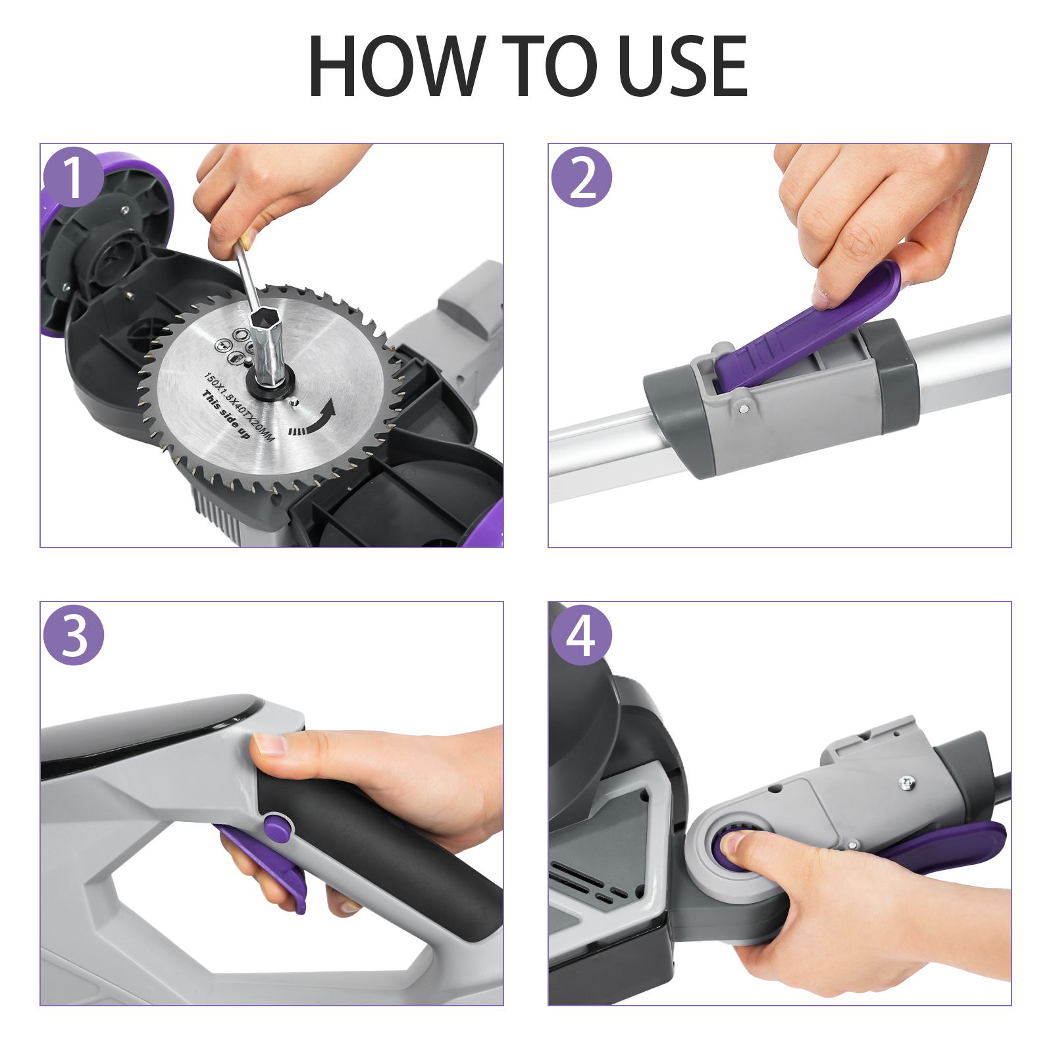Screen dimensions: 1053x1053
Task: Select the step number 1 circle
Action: pyautogui.click(x=74, y=176)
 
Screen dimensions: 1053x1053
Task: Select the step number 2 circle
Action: pyautogui.click(x=582, y=176)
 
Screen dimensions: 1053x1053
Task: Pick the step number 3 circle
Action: pyautogui.click(x=74, y=634)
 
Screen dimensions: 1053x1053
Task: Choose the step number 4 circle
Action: pyautogui.click(x=582, y=634)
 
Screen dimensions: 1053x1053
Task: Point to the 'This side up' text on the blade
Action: pyautogui.click(x=226, y=415)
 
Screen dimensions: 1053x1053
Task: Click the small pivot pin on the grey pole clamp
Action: pyautogui.click(x=743, y=409)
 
